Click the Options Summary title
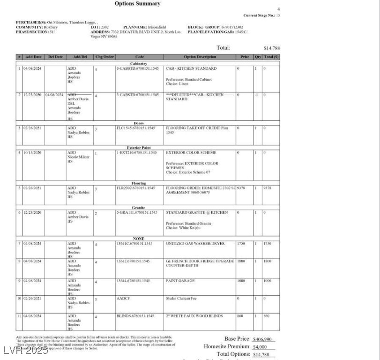(137, 4)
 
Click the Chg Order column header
(104, 57)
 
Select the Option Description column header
(200, 57)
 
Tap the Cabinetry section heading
(139, 63)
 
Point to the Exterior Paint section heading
(139, 148)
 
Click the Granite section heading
(139, 208)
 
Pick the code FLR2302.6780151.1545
(136, 188)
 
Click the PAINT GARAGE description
(180, 281)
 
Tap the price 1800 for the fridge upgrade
(241, 261)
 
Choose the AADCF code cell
(123, 298)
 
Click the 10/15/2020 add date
(33, 153)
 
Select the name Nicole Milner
(78, 157)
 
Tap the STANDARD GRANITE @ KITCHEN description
(197, 212)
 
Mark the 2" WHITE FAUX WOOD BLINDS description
(194, 316)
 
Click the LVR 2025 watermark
(25, 350)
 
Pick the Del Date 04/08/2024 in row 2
(55, 95)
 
